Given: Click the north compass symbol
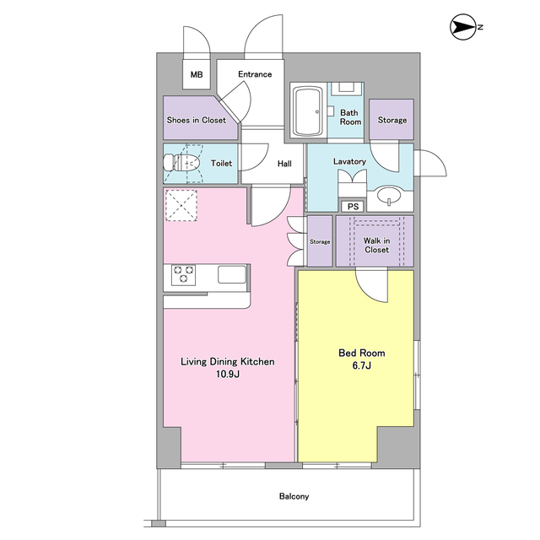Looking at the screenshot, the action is click(462, 27).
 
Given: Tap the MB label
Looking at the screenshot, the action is click(197, 74).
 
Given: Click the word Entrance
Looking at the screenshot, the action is click(255, 74).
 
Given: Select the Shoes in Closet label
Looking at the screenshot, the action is click(197, 120).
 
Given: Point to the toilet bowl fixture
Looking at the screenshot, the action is click(181, 163).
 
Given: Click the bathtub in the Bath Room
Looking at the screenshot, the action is click(308, 111).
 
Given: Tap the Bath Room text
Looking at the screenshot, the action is click(350, 117).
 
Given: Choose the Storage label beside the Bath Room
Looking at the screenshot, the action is click(392, 120).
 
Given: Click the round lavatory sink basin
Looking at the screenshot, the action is click(389, 196).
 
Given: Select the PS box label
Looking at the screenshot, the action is click(353, 207).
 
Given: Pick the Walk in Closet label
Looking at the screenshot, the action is click(377, 246).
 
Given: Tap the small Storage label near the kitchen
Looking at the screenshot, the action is click(320, 242).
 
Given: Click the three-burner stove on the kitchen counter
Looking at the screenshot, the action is click(184, 275).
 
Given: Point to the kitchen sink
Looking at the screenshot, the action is click(232, 274).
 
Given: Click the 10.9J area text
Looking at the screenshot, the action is click(228, 374).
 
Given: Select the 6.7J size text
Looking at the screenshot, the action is click(362, 365).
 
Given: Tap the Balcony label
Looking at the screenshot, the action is click(294, 496).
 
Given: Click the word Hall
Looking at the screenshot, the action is click(284, 164).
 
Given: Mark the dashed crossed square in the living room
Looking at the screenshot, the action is click(181, 205).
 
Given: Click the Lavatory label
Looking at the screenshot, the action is click(349, 161).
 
